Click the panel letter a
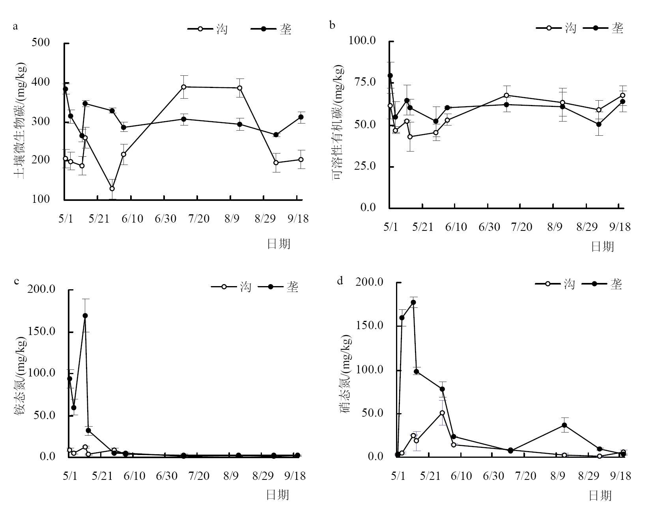click(x=15, y=27)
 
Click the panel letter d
click(x=340, y=281)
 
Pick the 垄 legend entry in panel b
click(x=604, y=28)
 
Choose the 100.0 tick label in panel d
click(x=369, y=370)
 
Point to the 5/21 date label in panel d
click(x=430, y=476)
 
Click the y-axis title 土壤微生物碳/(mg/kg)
click(x=20, y=120)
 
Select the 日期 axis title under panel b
click(x=602, y=247)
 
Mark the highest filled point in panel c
click(x=85, y=316)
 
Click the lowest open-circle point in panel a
click(x=112, y=189)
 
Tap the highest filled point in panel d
click(x=413, y=302)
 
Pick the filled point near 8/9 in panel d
click(x=564, y=425)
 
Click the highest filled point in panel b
click(x=390, y=75)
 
